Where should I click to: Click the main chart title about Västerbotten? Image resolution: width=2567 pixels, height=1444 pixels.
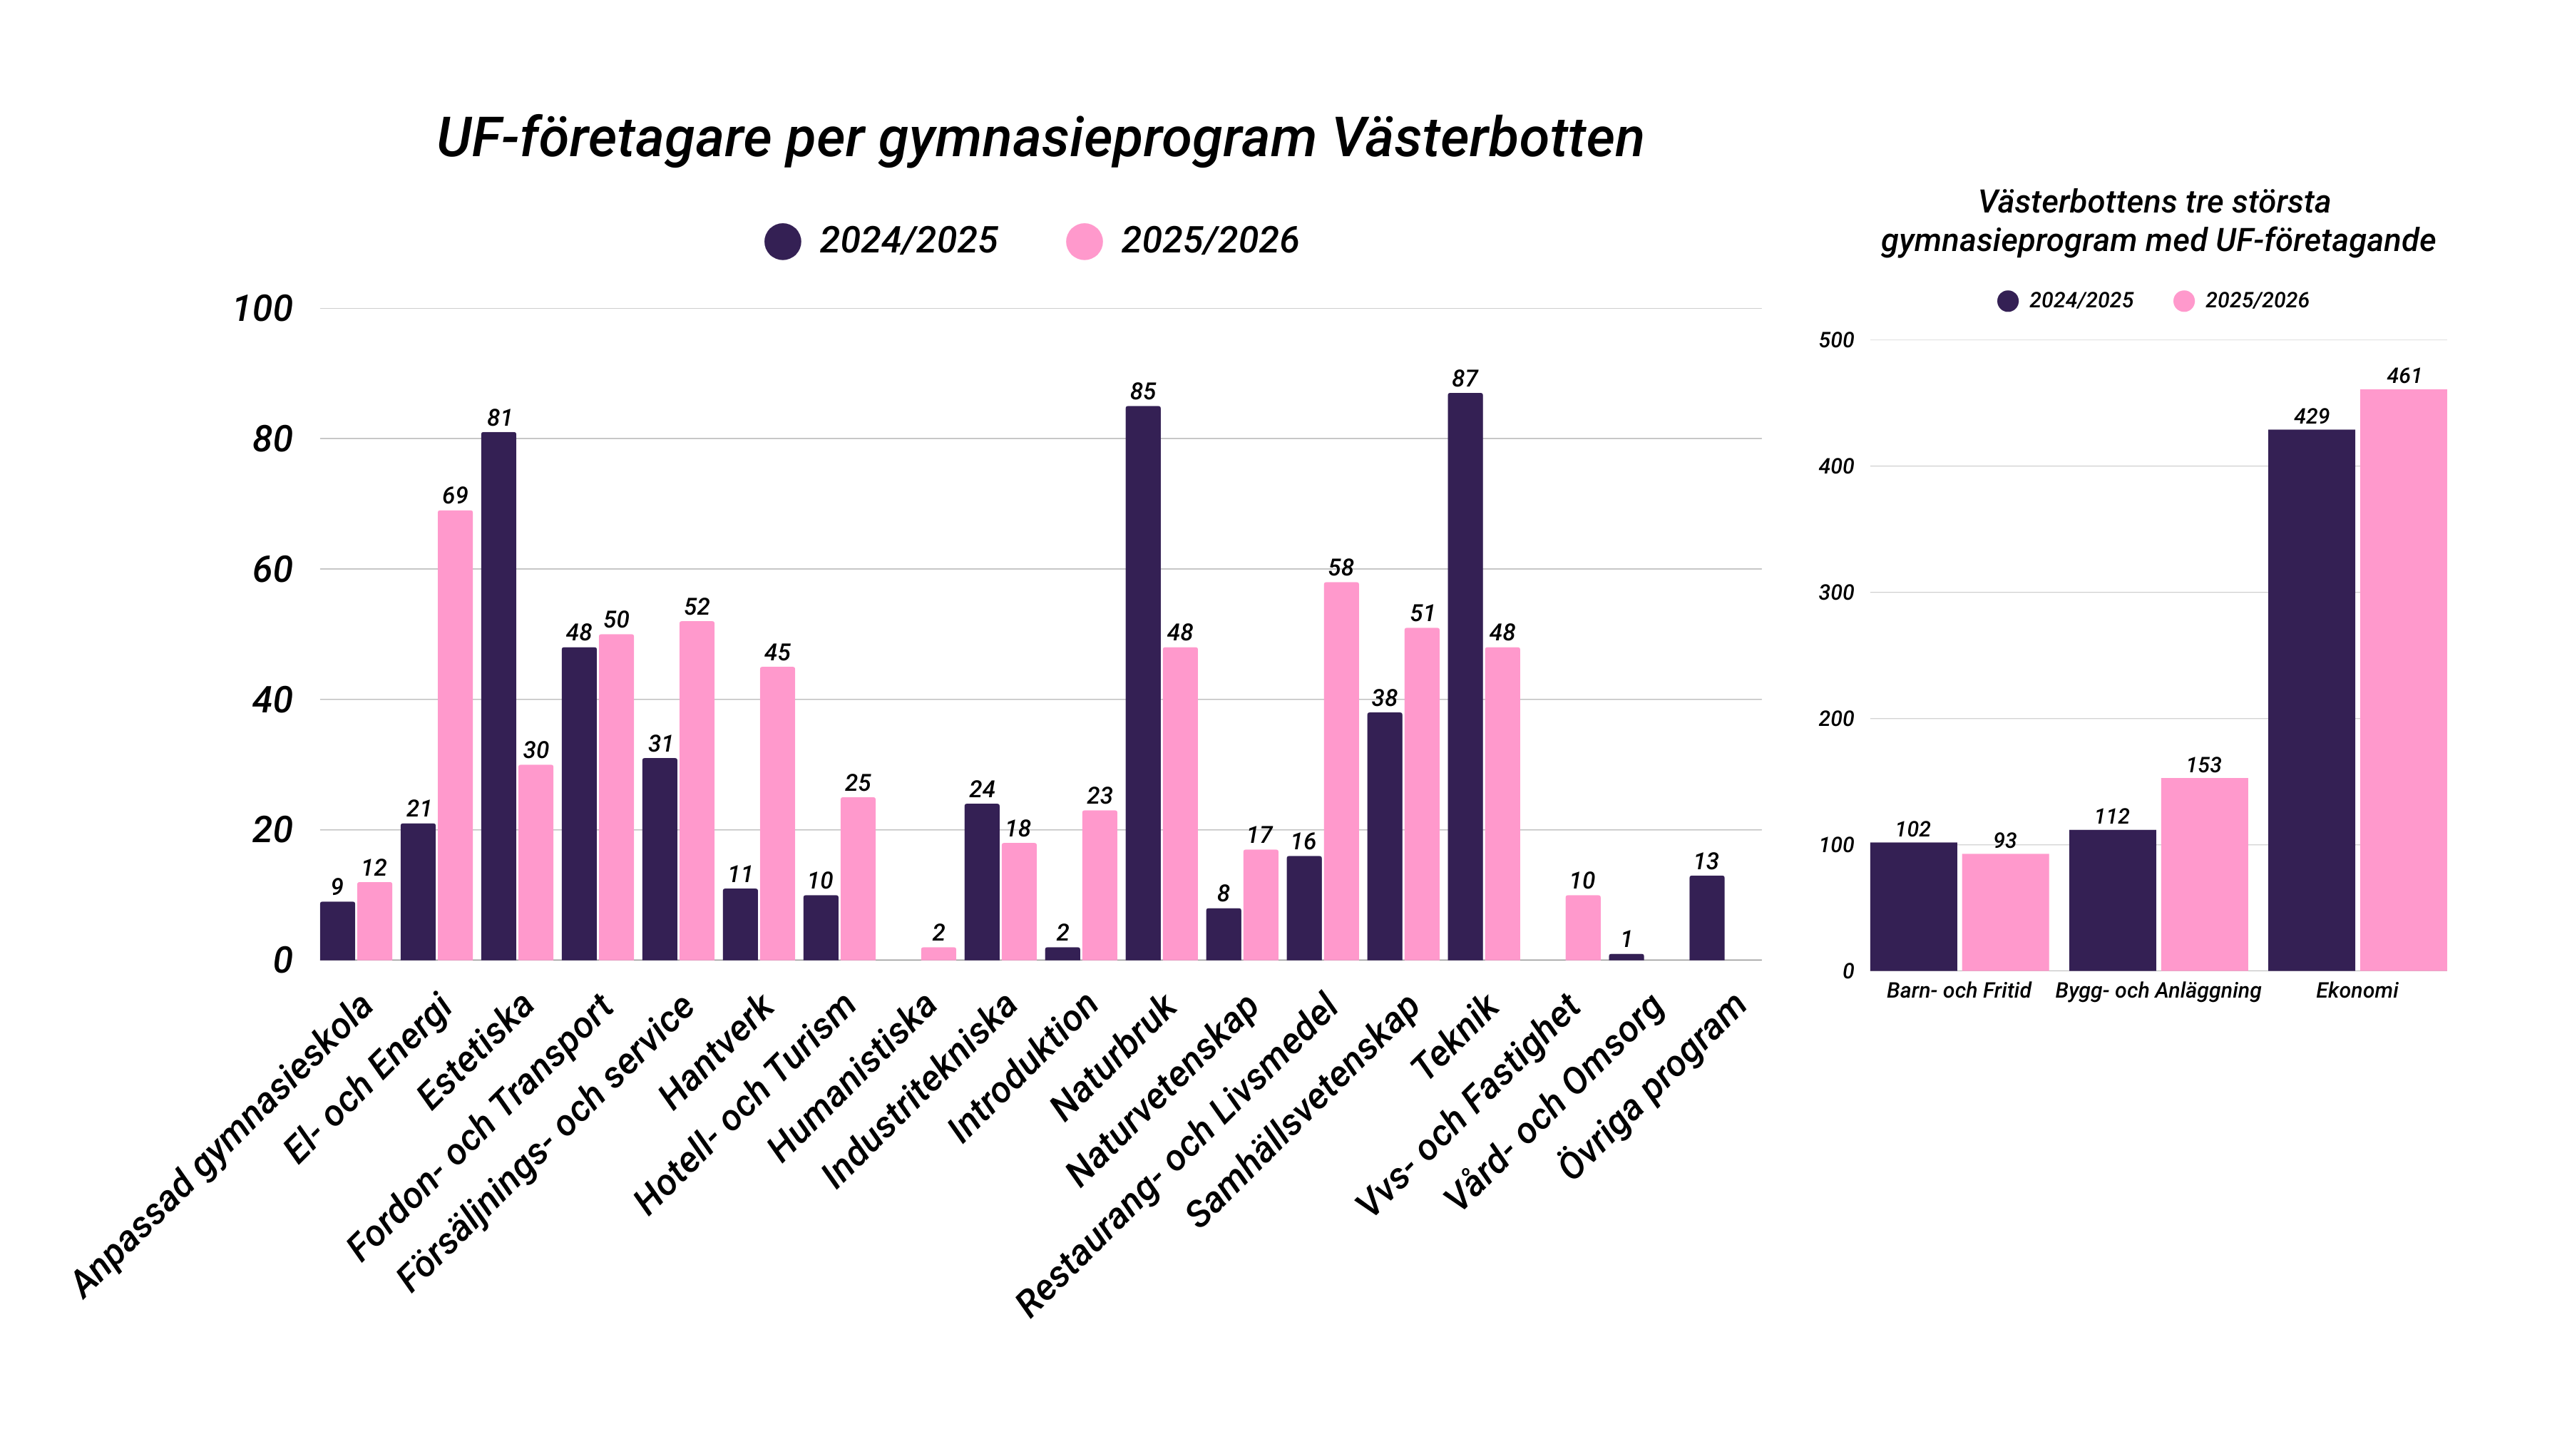click(x=1040, y=138)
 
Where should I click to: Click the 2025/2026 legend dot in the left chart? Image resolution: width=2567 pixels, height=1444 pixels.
click(x=1083, y=241)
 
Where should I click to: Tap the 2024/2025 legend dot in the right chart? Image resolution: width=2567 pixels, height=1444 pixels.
click(x=2007, y=301)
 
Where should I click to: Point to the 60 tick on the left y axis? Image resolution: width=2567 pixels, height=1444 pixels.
click(x=272, y=569)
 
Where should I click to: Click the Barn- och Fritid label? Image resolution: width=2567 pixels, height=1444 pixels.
click(x=1958, y=990)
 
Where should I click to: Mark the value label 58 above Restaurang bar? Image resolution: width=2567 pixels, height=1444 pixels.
click(x=1341, y=567)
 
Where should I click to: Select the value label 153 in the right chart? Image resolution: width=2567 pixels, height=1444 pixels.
click(x=2203, y=764)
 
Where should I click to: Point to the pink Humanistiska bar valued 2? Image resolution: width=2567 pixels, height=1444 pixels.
click(x=938, y=953)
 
